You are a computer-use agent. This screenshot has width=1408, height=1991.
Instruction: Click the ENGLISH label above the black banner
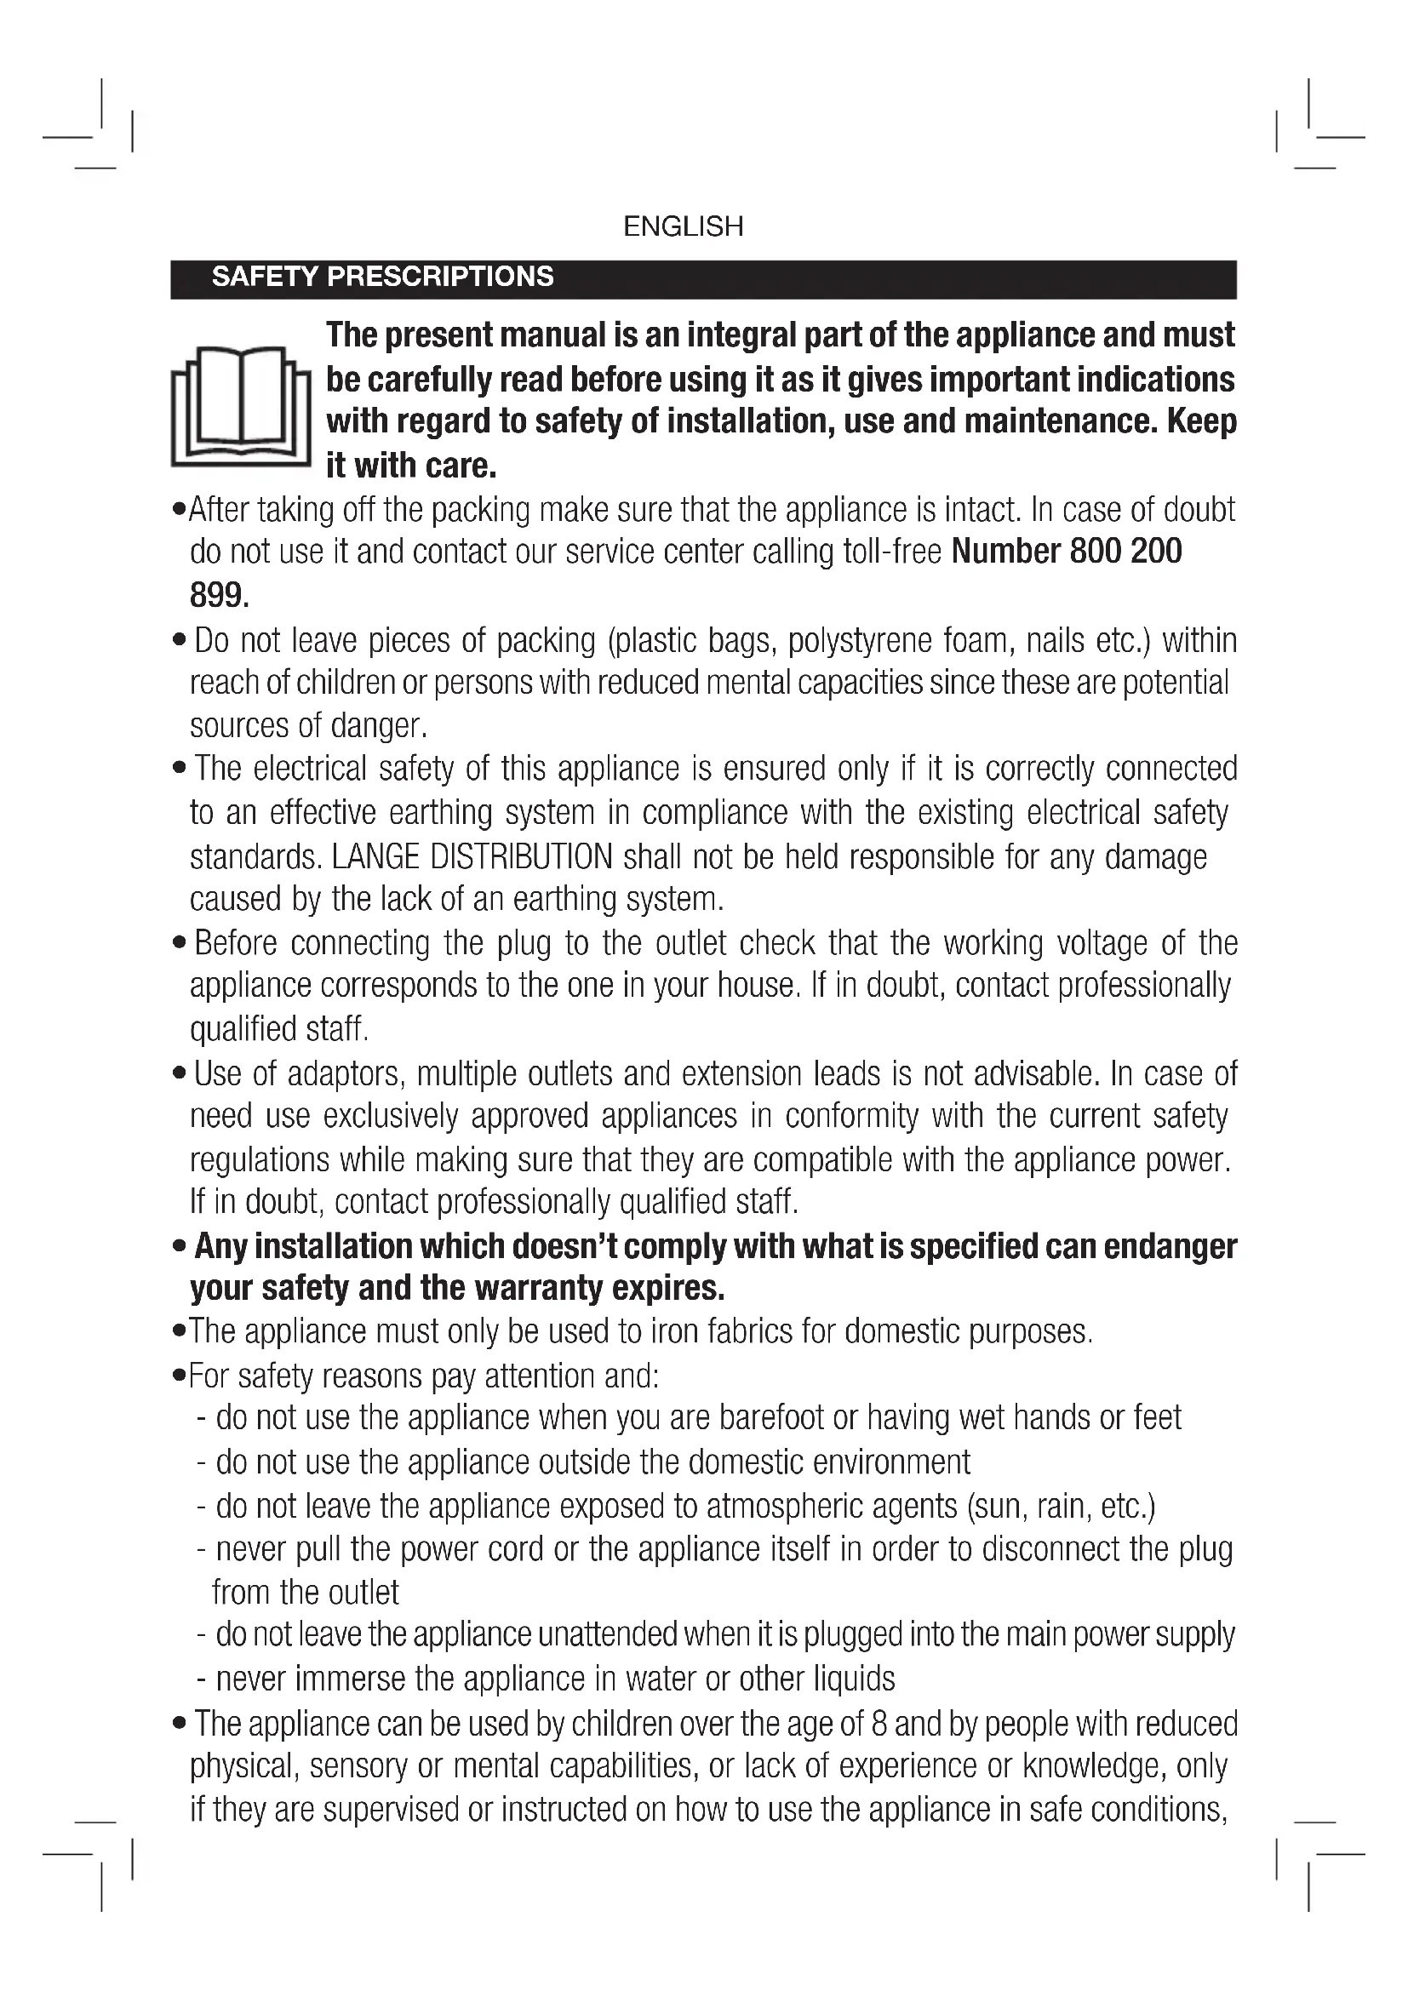coord(684,226)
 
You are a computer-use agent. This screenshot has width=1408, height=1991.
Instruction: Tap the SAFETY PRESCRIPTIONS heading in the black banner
coord(382,277)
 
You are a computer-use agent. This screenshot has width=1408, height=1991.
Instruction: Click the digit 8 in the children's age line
coord(879,1723)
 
